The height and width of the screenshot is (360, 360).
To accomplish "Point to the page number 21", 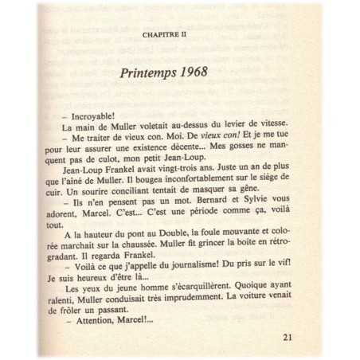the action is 288,335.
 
